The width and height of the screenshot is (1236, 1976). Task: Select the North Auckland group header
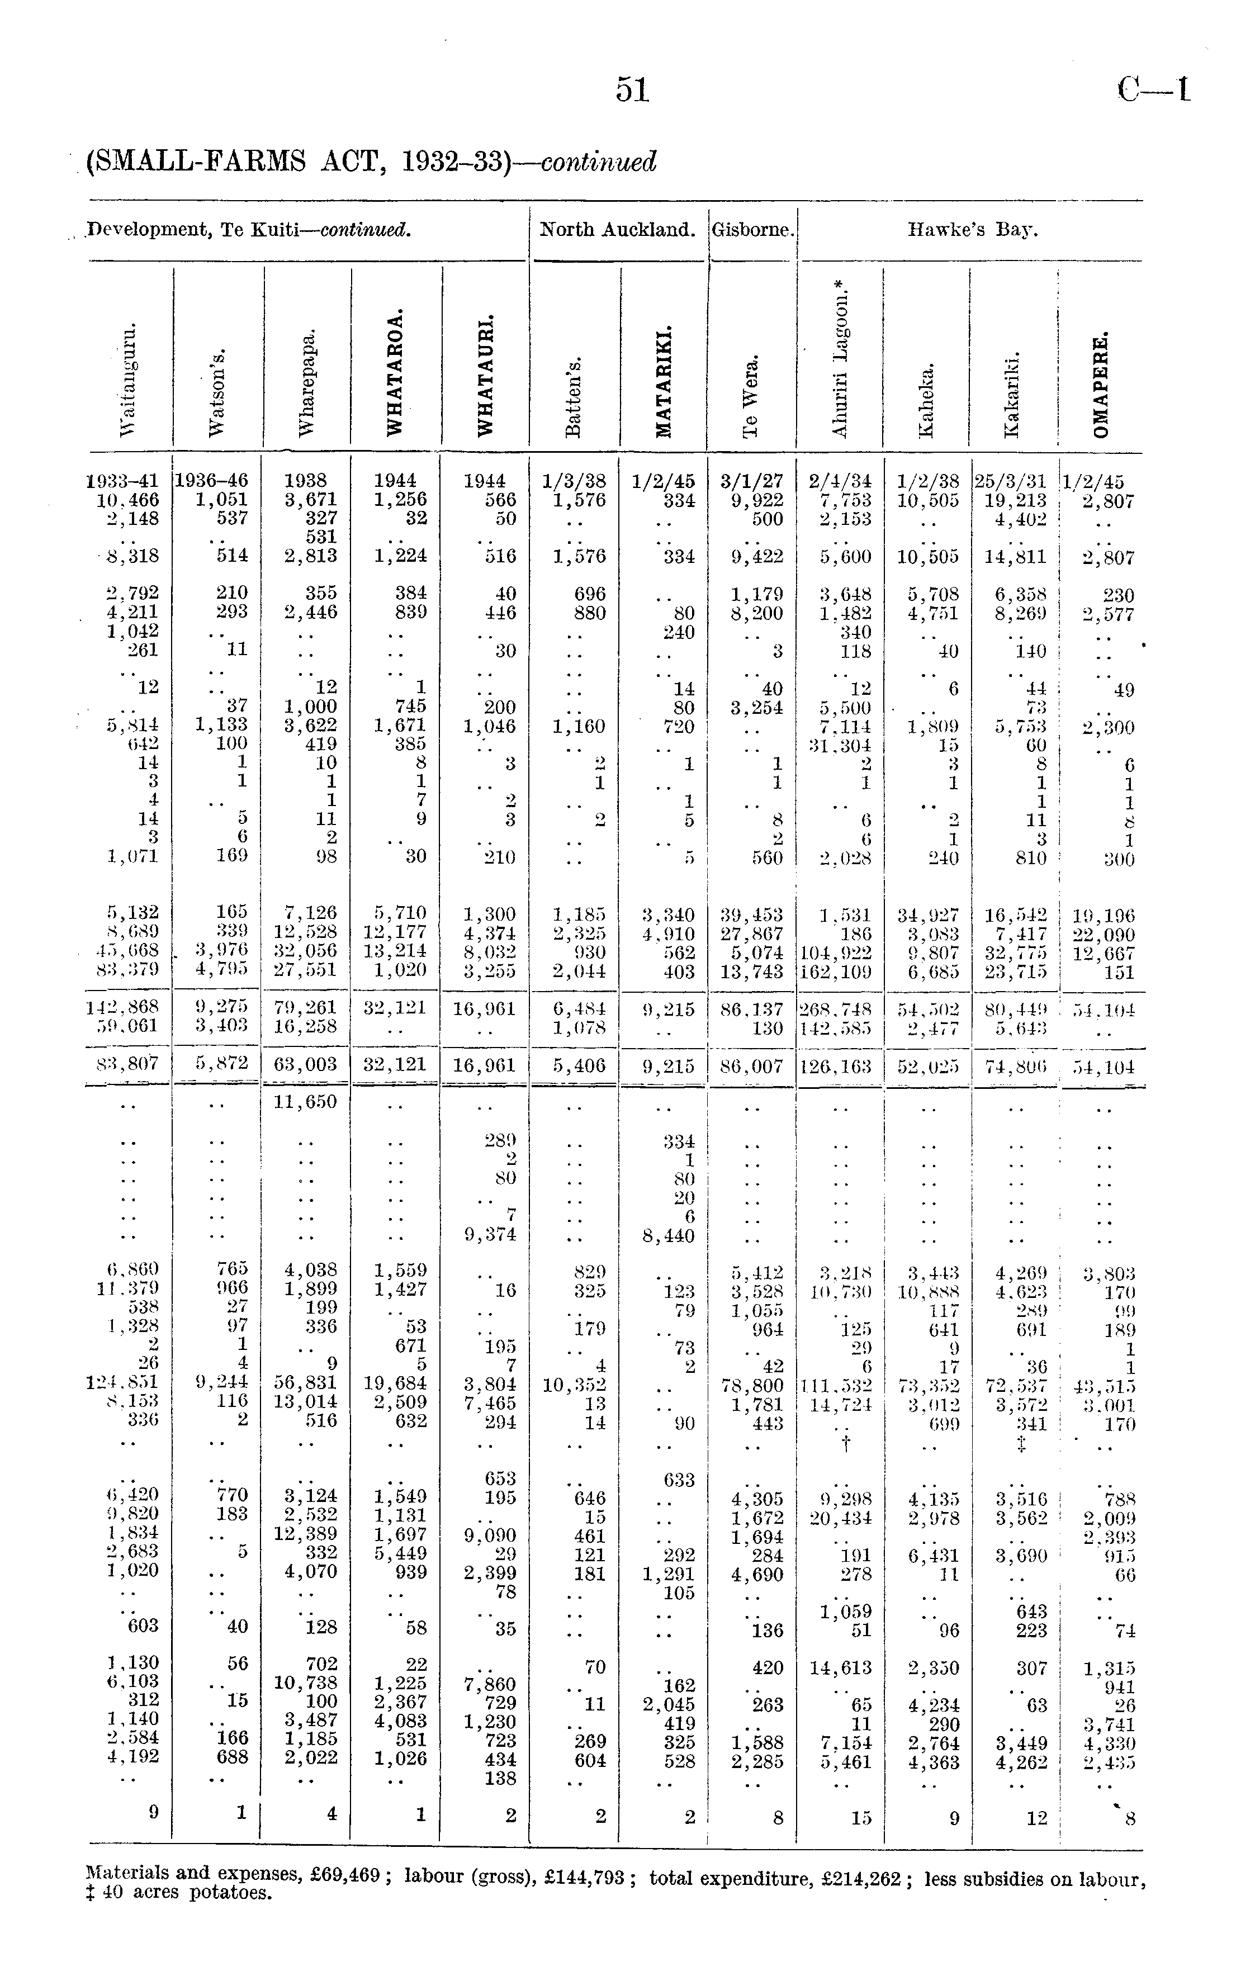pos(617,230)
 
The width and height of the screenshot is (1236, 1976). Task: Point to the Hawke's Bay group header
pos(973,230)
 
